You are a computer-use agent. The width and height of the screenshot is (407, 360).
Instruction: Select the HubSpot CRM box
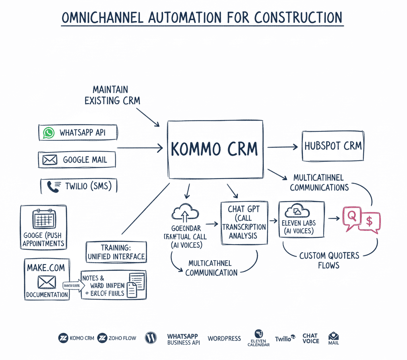coord(333,146)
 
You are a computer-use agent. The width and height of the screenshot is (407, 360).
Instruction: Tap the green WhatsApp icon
coord(49,133)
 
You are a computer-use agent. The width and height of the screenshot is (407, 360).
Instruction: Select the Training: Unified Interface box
coord(116,252)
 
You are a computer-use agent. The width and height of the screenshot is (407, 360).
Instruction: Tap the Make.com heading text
coord(46,268)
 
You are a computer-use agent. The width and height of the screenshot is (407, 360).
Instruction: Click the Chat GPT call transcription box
coord(244,222)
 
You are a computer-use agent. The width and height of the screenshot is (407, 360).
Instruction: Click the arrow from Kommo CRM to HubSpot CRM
coord(283,147)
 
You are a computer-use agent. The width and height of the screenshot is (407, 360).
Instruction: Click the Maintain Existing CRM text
coord(112,95)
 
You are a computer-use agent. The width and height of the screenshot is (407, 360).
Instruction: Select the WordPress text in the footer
coord(224,339)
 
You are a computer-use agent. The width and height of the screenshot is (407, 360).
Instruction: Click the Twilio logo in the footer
coord(285,338)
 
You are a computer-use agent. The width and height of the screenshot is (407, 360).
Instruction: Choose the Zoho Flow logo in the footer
coord(117,338)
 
